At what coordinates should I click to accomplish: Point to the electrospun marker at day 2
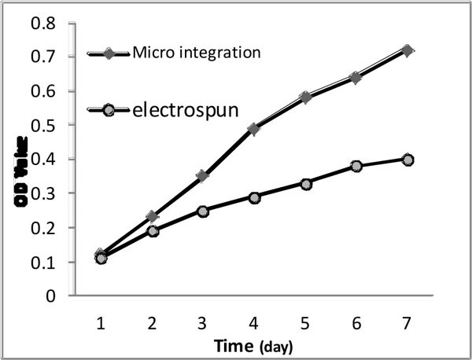(x=153, y=231)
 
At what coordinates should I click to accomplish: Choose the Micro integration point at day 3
(x=202, y=176)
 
